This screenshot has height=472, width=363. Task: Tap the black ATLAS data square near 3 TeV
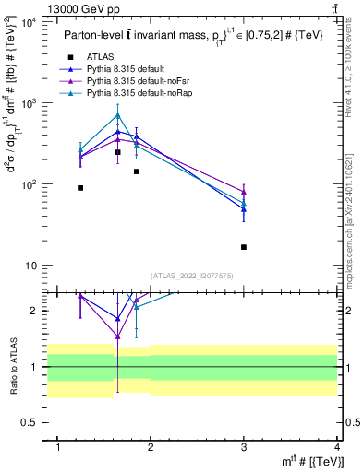(x=244, y=247)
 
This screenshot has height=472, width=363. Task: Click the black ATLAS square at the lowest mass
(x=80, y=188)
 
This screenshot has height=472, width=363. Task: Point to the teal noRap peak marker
(x=117, y=115)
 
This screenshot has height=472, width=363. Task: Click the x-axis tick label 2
(x=151, y=446)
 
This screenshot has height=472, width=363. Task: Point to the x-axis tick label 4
(x=337, y=446)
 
